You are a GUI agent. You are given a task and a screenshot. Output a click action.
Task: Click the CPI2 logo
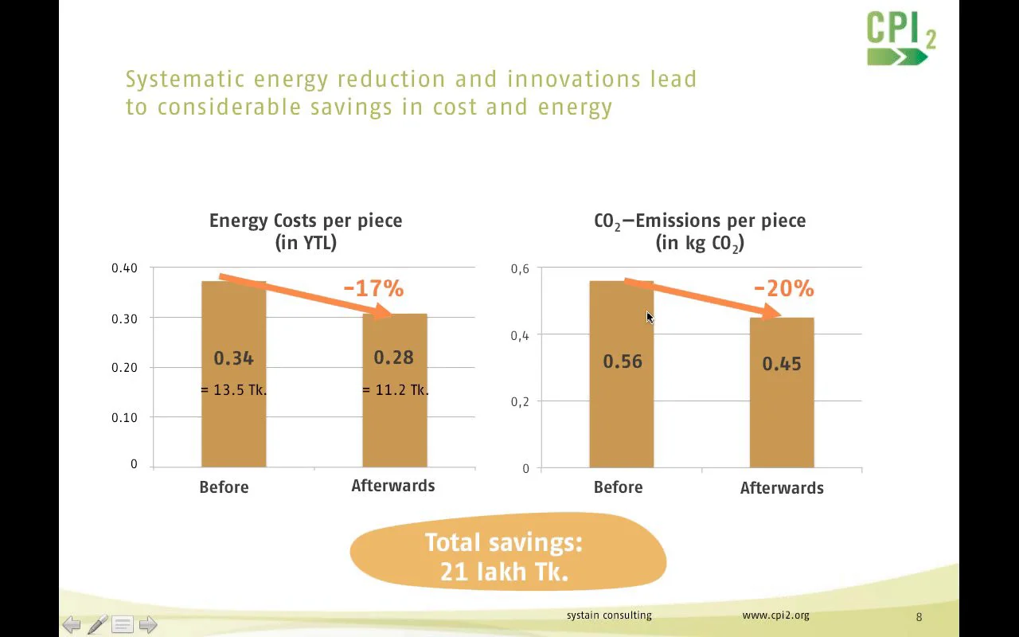tap(901, 37)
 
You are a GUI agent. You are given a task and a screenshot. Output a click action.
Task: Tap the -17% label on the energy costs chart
tap(373, 288)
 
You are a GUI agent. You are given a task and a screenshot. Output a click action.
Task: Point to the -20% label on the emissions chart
tap(783, 288)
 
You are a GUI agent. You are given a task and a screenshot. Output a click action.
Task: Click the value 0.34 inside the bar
tap(233, 358)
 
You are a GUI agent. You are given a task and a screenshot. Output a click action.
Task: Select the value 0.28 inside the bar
tap(394, 358)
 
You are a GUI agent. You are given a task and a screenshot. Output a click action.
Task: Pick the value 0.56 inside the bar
tap(622, 361)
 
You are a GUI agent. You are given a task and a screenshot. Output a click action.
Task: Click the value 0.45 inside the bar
tap(782, 364)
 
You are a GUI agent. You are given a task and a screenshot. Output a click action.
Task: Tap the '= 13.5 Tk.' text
tap(233, 390)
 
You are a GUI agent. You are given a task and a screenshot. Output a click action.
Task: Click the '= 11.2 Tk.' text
tap(395, 390)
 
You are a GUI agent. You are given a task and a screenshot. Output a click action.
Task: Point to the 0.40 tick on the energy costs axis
tap(124, 268)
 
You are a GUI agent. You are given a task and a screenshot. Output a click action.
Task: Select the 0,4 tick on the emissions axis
tap(520, 336)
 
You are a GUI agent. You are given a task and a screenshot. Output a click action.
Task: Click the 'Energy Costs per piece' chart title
tap(306, 221)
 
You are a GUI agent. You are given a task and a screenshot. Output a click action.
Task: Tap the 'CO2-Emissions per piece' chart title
tap(700, 221)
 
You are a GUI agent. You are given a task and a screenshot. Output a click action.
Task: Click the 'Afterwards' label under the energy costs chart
tap(393, 486)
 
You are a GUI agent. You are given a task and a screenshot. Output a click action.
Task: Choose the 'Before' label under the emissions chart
tap(618, 487)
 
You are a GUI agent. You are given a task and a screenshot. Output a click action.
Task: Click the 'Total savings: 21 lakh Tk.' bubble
tap(507, 557)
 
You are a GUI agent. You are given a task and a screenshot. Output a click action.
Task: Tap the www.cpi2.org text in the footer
tap(775, 616)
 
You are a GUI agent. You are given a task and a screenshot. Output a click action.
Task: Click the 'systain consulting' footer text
tap(609, 616)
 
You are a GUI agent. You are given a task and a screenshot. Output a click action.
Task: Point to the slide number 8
tap(919, 617)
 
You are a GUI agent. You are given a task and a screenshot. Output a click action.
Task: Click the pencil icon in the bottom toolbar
tap(97, 625)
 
